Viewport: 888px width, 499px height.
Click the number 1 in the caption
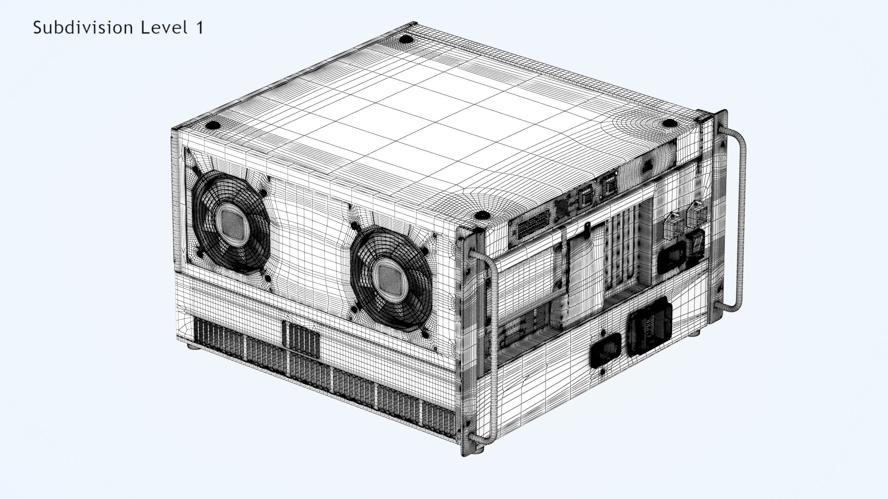199,28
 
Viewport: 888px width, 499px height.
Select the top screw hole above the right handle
669,123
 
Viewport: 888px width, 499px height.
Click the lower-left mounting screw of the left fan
200,254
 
